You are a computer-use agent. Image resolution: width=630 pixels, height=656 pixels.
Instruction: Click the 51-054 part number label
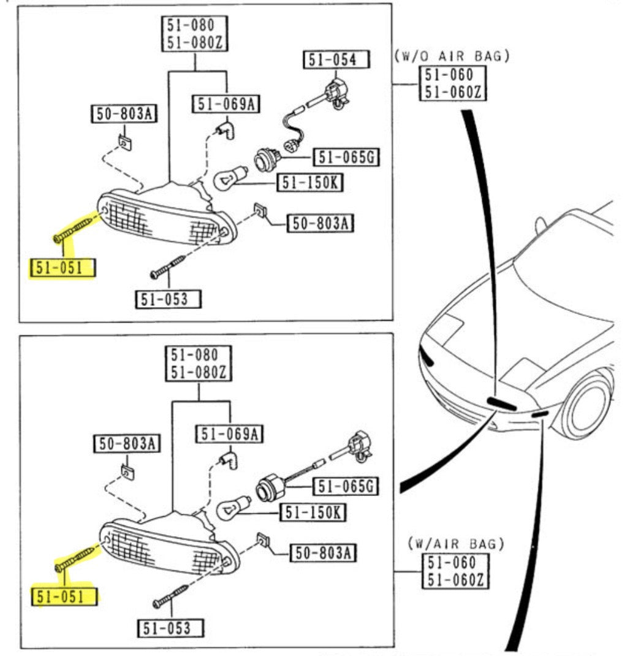tap(336, 59)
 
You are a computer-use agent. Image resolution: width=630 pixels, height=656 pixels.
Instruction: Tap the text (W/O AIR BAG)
tap(452, 56)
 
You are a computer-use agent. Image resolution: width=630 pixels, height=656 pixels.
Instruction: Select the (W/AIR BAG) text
tap(456, 543)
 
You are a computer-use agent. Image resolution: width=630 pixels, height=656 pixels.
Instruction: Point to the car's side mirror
tap(541, 225)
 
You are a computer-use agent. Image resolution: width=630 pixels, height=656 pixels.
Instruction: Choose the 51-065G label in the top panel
tap(346, 158)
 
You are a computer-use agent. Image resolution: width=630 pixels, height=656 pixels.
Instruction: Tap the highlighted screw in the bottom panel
tap(77, 559)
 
